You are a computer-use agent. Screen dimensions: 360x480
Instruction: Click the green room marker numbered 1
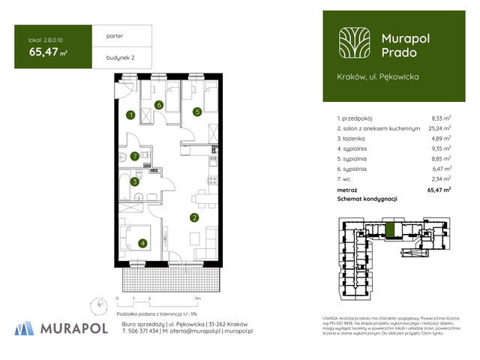(130, 115)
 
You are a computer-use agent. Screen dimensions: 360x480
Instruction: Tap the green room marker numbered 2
(194, 218)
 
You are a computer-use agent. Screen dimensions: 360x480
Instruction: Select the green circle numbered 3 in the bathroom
(134, 181)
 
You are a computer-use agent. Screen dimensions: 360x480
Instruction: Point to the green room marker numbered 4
(142, 243)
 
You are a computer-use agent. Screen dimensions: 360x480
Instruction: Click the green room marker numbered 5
(196, 112)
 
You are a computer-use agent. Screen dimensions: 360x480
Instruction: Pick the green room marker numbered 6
(160, 104)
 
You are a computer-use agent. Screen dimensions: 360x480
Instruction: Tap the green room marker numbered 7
(134, 156)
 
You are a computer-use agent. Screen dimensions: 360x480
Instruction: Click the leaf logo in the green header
(352, 43)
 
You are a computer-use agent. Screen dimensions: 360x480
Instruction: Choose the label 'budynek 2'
(110, 55)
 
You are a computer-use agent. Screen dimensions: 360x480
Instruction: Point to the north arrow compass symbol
(100, 304)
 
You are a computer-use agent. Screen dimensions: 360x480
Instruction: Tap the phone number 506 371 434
(138, 330)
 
